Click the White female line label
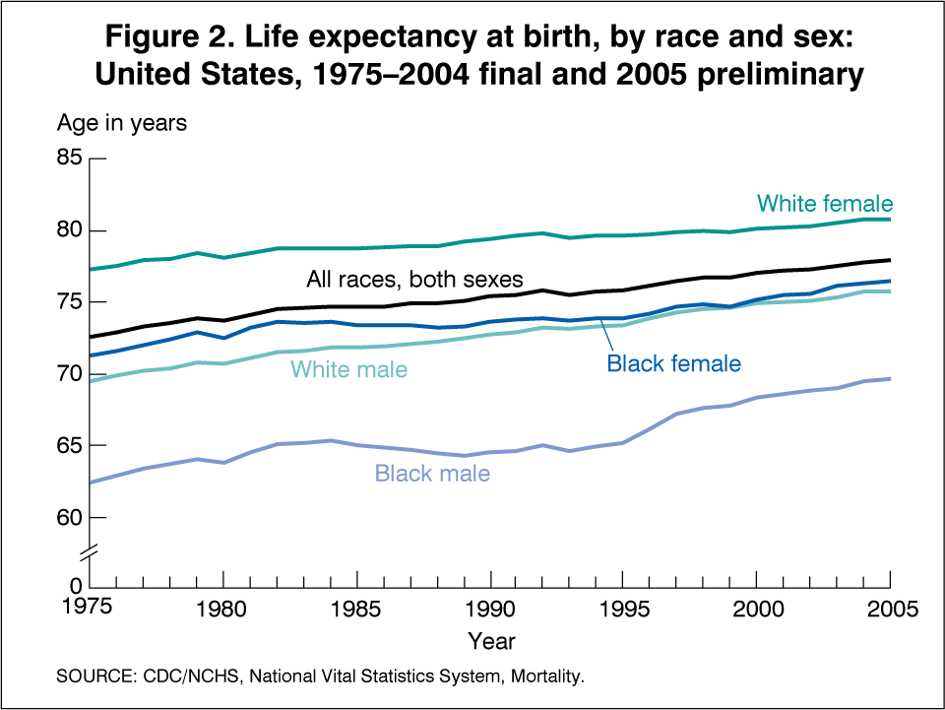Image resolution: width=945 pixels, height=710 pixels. coord(825,204)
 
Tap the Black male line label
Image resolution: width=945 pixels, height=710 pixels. coord(432,474)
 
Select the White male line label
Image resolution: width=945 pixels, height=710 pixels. coord(348,370)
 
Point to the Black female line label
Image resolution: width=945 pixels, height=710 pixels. coord(673,363)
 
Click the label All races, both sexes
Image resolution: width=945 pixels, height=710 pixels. coord(414,279)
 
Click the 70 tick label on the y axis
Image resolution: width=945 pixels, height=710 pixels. coord(66,373)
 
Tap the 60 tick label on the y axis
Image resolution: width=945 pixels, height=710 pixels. coord(66,517)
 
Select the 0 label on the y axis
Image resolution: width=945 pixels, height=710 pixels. coord(77,589)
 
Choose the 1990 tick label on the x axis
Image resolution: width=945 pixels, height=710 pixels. coord(490,609)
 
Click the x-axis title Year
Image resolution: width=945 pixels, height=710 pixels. coord(490,642)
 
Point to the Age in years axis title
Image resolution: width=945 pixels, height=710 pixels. coord(121,124)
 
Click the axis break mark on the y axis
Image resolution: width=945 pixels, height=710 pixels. coord(90,554)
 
